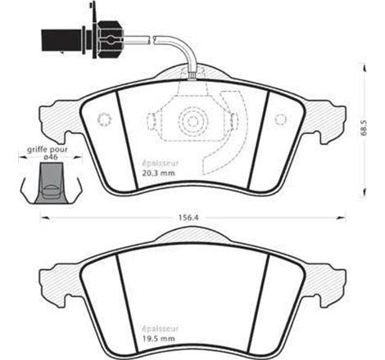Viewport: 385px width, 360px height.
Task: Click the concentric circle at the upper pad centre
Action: (192, 121)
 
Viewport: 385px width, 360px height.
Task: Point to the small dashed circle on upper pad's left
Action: (103, 120)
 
